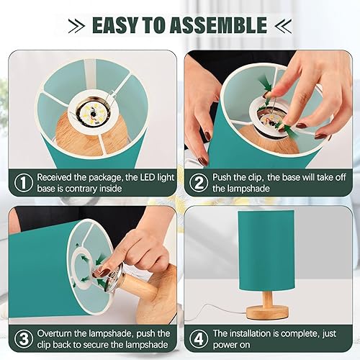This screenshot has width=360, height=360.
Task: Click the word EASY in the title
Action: click(x=116, y=26)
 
